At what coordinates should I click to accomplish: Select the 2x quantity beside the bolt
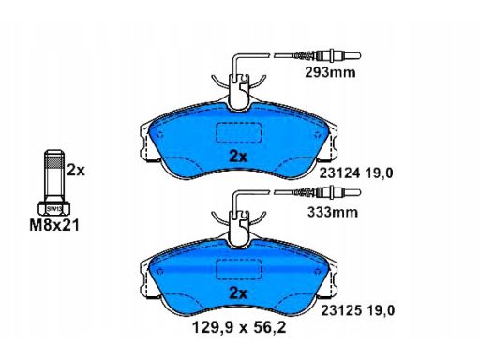coord(76,170)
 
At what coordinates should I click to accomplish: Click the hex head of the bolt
coord(54,208)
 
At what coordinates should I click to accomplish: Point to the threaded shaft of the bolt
coord(53,178)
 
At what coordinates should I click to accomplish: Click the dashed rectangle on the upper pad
coord(239,133)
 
